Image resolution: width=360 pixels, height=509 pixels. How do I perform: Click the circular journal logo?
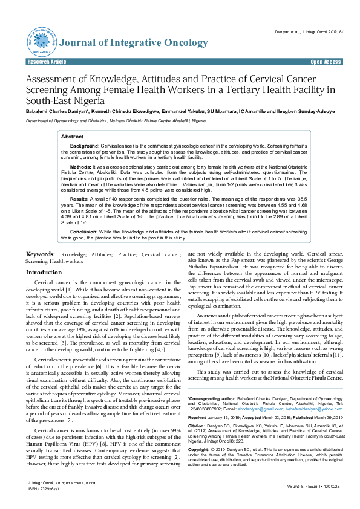point(41,40)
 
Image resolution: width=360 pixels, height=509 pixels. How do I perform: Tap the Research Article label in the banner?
point(47,62)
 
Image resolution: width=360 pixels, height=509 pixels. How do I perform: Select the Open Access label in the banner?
point(325,62)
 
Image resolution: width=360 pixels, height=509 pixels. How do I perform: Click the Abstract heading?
point(73,137)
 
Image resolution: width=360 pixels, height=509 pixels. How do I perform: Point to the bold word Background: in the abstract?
point(85,147)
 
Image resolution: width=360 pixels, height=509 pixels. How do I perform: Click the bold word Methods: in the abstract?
point(81,166)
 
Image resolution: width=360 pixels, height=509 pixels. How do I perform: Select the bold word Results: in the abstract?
point(80,198)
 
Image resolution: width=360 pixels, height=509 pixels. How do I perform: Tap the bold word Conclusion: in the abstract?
point(85,231)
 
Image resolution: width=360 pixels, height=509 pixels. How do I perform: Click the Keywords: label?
point(42,255)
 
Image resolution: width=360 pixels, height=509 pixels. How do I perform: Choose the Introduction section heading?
point(44,273)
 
